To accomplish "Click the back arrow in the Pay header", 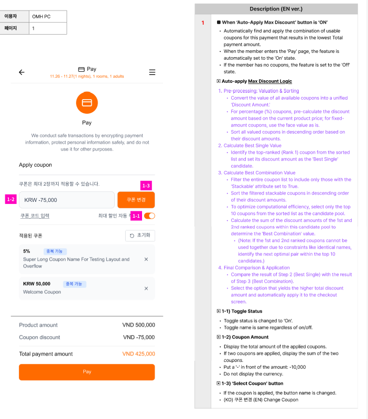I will pos(21,72).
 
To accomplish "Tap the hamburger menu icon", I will pos(152,72).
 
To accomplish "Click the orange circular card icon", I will pos(87,103).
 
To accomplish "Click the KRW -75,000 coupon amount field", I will pos(67,200).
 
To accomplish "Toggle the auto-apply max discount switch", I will pos(149,216).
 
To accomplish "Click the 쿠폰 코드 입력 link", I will pos(35,216).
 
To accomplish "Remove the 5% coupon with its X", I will pos(146,259).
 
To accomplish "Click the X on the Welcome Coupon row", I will pos(146,288).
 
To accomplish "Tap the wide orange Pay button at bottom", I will pos(87,372).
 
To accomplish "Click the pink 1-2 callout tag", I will pos(11,199).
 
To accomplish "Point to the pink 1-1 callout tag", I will pos(136,216).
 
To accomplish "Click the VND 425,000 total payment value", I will pos(138,354).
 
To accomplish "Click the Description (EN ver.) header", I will pos(276,9).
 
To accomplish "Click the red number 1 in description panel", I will pos(202,23).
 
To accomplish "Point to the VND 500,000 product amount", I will pos(138,325).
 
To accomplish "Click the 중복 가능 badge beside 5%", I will pos(55,251).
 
